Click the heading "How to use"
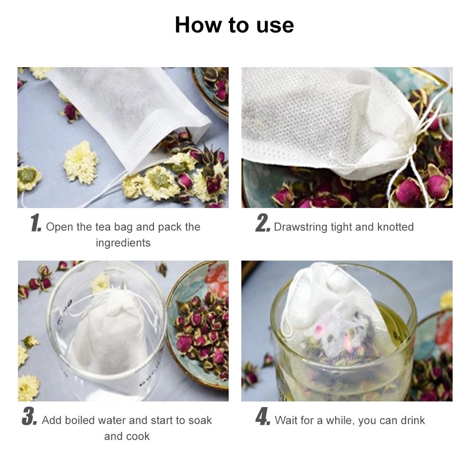[234, 25]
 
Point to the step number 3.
[29, 417]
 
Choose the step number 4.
[262, 417]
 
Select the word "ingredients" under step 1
[123, 243]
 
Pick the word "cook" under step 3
[140, 437]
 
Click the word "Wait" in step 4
[286, 420]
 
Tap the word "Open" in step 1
[59, 227]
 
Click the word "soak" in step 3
[200, 420]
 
